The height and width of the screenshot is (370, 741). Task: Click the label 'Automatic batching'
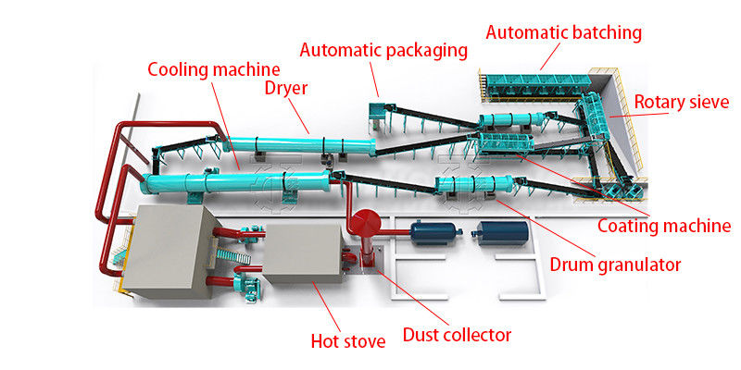point(563,32)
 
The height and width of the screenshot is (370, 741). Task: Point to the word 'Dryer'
point(285,90)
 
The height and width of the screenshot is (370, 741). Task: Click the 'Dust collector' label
point(457,335)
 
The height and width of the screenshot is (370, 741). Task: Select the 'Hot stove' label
point(347,340)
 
